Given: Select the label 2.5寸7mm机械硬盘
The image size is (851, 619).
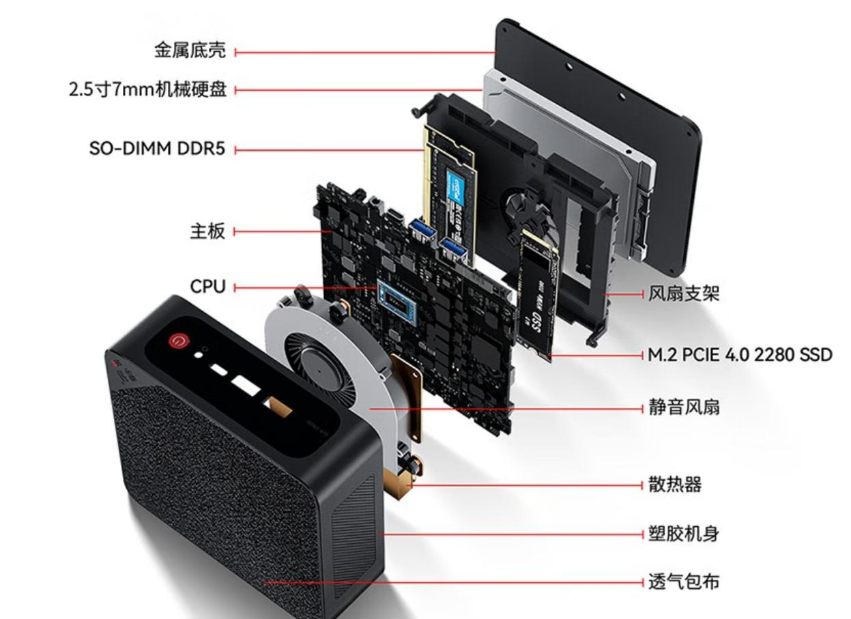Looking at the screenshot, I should tap(148, 90).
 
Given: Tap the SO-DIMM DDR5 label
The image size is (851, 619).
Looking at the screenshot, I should tap(157, 149).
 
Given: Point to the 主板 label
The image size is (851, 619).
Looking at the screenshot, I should tap(207, 231).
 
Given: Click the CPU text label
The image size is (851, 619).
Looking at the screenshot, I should tap(207, 287).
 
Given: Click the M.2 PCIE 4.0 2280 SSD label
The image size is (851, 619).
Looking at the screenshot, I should tap(740, 356).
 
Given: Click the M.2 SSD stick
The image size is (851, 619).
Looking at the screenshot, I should tap(537, 293).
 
